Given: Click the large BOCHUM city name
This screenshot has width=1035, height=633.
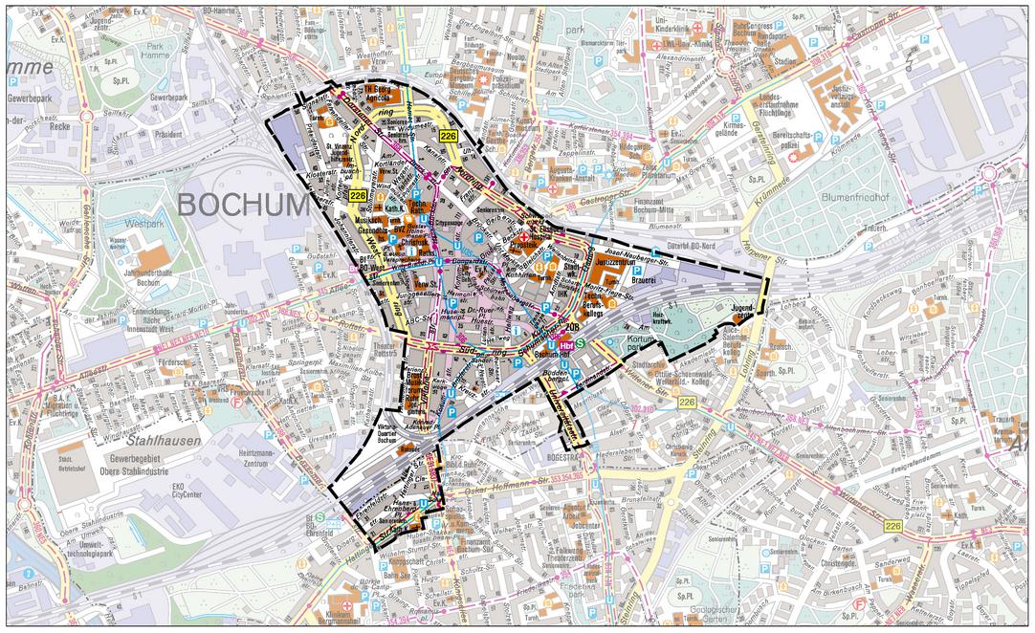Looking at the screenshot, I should (x=243, y=205).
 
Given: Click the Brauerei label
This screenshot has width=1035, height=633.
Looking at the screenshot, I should (x=642, y=283).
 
